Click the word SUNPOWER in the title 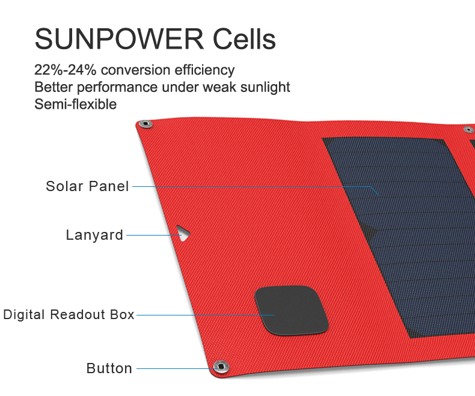tap(120, 38)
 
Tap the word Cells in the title tap(244, 38)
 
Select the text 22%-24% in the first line tap(65, 70)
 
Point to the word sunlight tap(265, 88)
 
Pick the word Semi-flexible tap(75, 104)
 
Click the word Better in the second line tap(54, 87)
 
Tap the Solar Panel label tap(88, 186)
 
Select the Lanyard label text tap(94, 235)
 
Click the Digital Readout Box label tap(69, 314)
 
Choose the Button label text tap(109, 368)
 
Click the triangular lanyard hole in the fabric tap(183, 233)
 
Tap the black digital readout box tap(292, 310)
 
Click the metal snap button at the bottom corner tap(221, 367)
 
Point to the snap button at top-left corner tap(146, 124)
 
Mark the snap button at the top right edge tap(469, 130)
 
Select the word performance tap(117, 88)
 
